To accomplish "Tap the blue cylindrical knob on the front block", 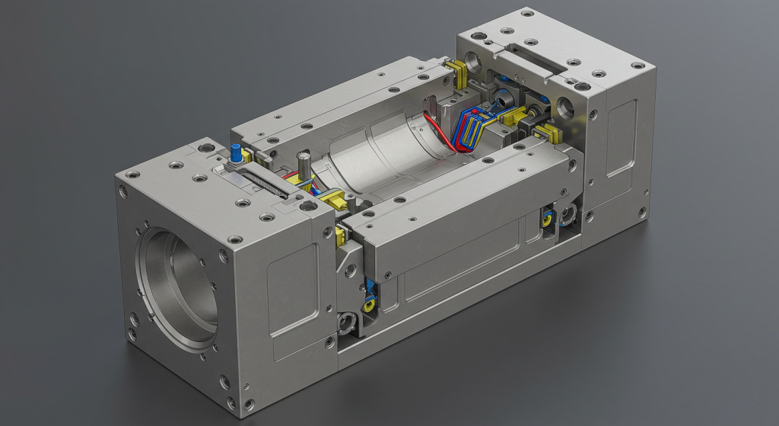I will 236,152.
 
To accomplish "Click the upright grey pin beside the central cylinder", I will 304,165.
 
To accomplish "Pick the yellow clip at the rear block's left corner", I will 457,72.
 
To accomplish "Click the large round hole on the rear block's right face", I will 567,107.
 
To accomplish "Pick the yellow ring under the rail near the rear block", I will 546,221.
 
